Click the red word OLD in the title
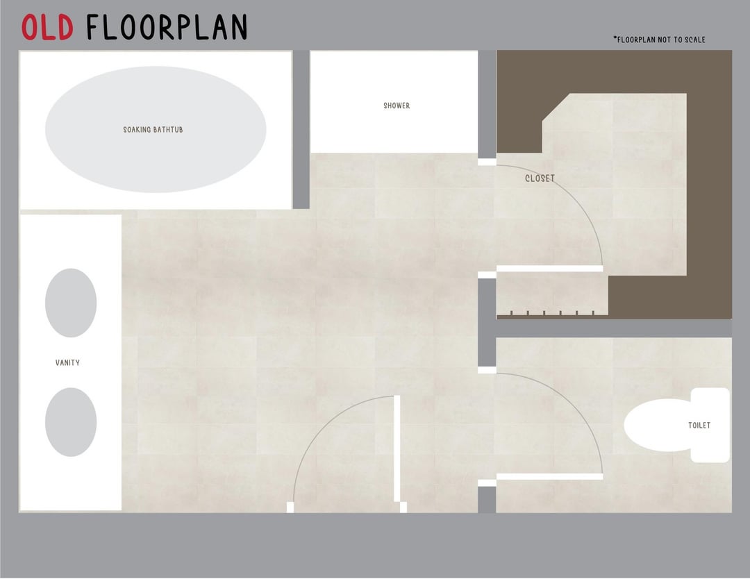(47, 27)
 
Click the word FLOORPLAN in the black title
(167, 27)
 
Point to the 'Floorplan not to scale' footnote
(659, 40)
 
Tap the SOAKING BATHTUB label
(153, 130)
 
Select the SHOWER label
(397, 106)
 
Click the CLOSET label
(540, 178)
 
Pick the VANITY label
(67, 363)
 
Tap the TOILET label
(699, 425)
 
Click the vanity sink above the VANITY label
(71, 303)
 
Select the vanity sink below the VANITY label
(71, 422)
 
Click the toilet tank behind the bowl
(710, 425)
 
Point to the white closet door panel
(549, 269)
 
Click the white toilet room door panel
(549, 477)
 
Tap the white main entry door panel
(397, 448)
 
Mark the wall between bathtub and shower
(301, 130)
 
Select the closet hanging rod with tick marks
(553, 315)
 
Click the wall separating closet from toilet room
(614, 328)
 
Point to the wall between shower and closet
(487, 104)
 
